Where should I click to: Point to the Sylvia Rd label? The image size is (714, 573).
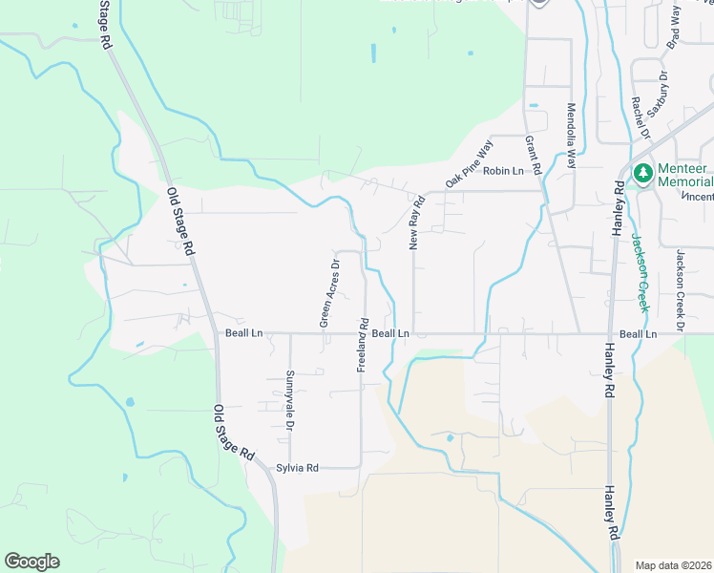pos(297,468)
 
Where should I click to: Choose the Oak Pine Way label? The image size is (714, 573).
pos(469,164)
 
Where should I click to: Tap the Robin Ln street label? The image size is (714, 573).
pos(503,171)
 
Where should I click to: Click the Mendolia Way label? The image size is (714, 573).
pos(572,136)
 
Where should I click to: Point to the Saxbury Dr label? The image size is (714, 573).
pos(658,94)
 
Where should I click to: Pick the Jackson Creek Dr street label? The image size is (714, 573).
pos(680,290)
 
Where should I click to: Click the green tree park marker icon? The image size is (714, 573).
pos(643,174)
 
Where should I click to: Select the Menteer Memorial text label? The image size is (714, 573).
pos(685,174)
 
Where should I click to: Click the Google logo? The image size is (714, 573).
pos(31,562)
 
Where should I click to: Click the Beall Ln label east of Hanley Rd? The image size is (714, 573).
pos(639,334)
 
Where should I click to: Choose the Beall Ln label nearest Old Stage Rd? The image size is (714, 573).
pos(243,333)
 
